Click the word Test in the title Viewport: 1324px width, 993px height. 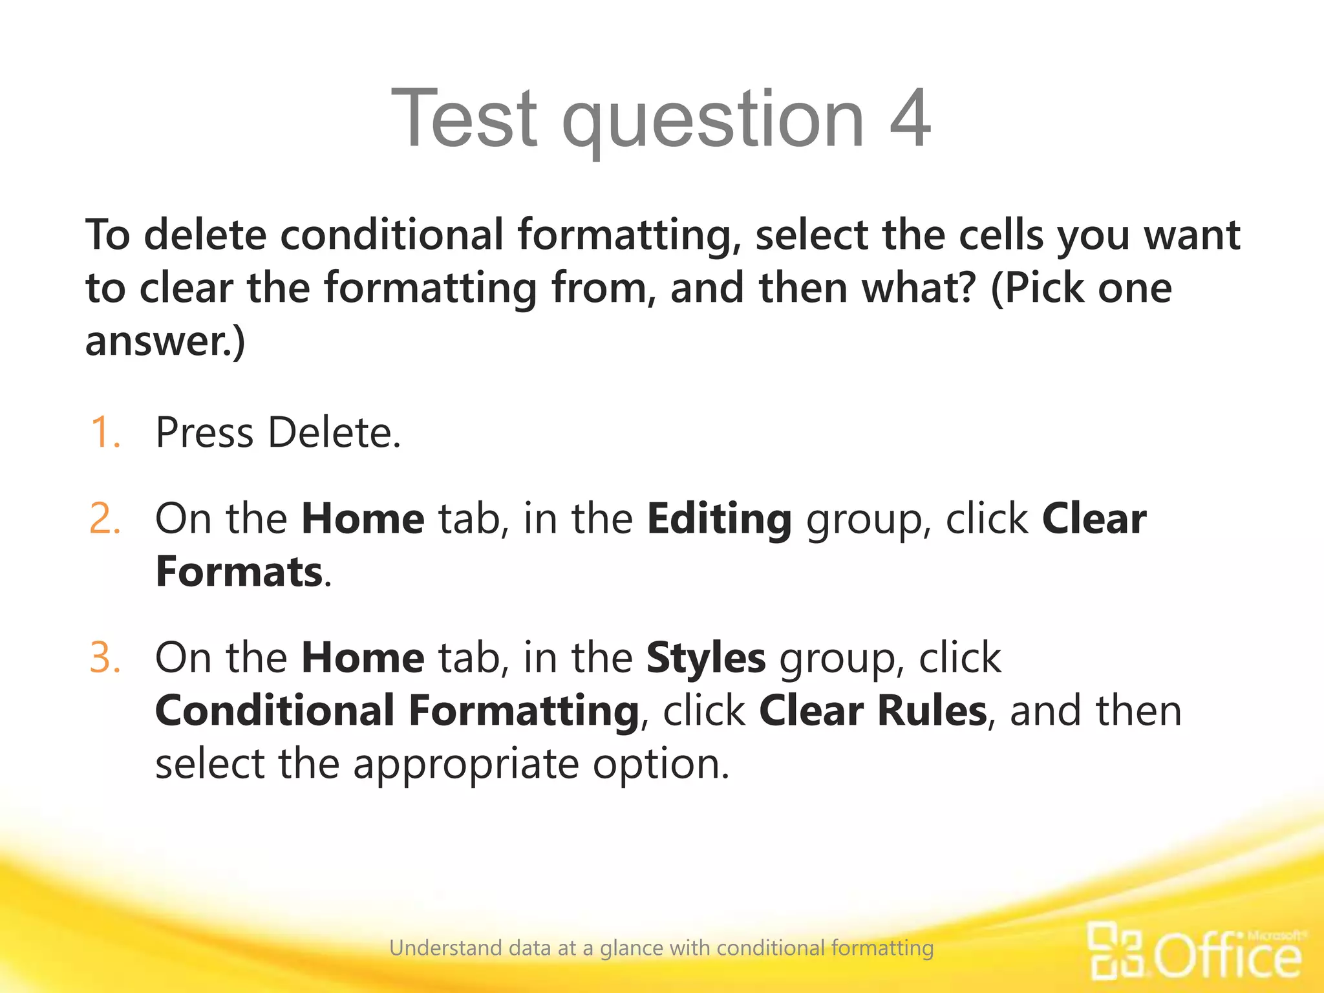pos(464,119)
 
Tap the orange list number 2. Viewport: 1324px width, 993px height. pos(105,518)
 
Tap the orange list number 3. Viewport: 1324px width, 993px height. pos(105,657)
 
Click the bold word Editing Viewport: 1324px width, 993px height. pos(719,520)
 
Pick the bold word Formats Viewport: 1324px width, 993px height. pos(239,572)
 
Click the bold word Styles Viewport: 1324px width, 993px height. pos(706,659)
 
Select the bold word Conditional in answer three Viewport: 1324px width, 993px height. pos(274,710)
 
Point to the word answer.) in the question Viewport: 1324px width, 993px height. pos(165,341)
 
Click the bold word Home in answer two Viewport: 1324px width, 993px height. pos(363,518)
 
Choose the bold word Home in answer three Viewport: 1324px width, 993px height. pos(363,657)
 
